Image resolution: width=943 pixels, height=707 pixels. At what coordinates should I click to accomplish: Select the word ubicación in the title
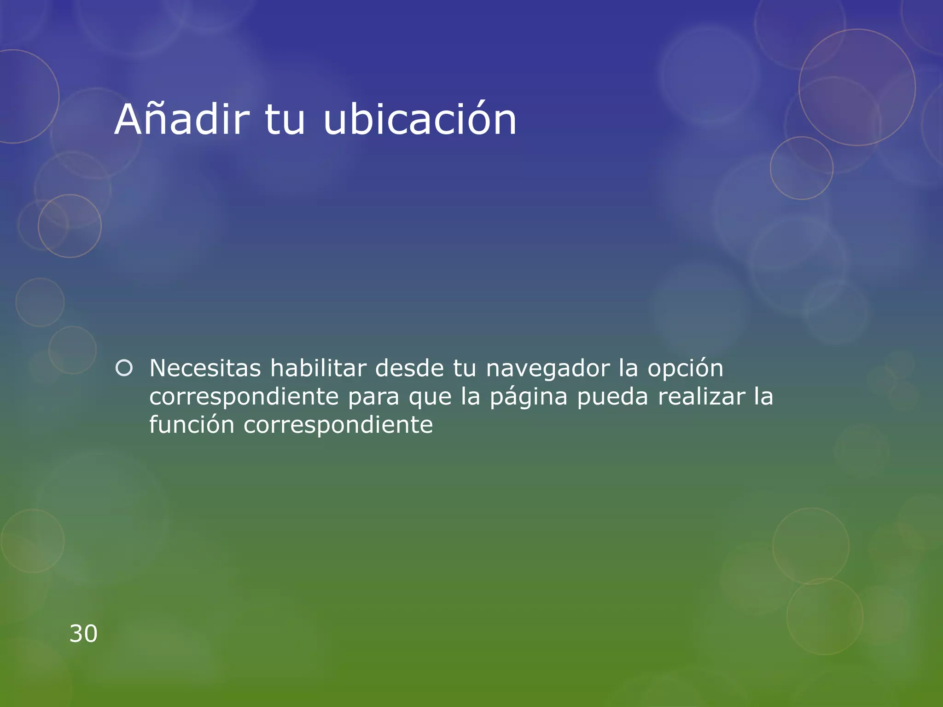(420, 121)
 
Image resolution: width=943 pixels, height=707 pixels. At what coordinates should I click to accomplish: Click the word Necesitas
(205, 368)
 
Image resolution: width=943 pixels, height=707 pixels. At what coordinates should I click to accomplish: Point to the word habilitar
(318, 368)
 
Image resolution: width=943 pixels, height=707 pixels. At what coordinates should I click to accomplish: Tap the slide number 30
(83, 634)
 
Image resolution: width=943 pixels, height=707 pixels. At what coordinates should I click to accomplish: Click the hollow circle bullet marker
(124, 368)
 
